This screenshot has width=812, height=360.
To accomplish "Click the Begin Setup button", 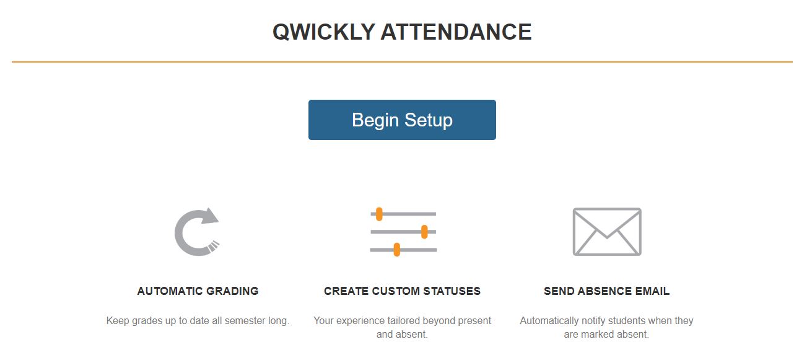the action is coord(402,120).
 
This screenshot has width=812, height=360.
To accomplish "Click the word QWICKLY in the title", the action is coord(323,32).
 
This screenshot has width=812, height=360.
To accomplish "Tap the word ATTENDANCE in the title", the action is coord(456,32).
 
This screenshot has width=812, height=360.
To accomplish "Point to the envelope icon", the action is coord(607,231).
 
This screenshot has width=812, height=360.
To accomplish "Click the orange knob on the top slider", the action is coord(379,214).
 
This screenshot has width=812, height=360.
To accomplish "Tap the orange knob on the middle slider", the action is coord(424,232).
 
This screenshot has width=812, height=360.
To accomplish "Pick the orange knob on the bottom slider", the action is coord(396,250).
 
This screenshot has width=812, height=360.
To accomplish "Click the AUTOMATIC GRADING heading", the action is coord(198,291).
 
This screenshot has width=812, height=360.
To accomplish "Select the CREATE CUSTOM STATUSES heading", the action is coord(402,291).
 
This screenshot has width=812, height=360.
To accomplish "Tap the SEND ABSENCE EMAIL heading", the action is coord(606,291).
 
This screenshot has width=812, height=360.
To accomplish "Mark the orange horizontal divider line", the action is coord(402,62).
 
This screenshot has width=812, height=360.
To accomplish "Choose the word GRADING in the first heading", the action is coord(233,291).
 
